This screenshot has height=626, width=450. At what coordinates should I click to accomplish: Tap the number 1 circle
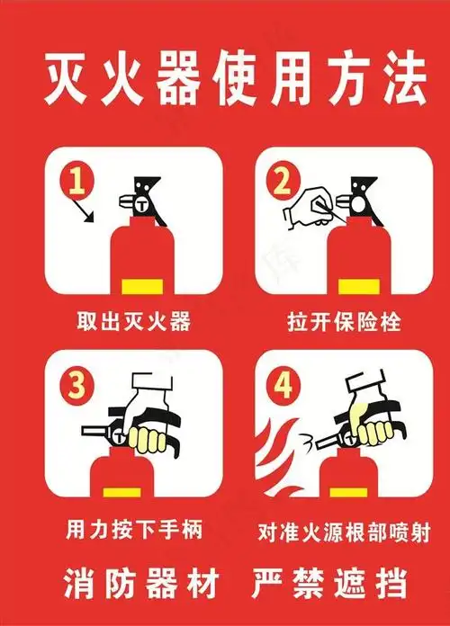coord(79,181)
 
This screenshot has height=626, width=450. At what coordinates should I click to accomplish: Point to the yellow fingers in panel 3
coord(148,440)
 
